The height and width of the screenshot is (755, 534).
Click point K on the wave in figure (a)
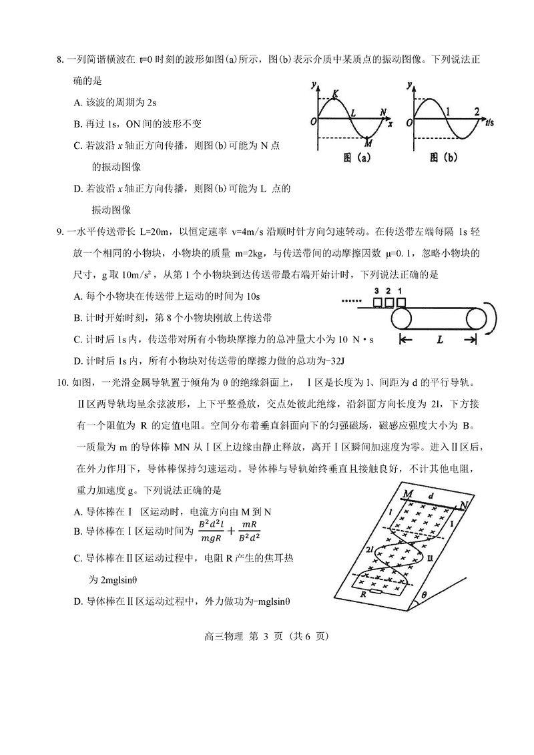click(x=334, y=95)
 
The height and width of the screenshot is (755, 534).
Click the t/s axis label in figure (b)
click(x=489, y=123)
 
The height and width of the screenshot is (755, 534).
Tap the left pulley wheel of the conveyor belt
click(x=403, y=318)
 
